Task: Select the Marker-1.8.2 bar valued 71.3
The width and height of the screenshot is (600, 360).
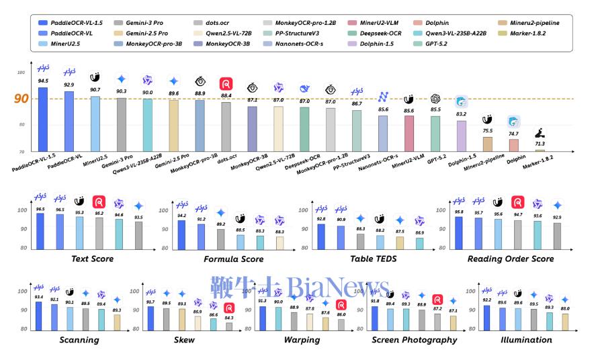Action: [x=540, y=150]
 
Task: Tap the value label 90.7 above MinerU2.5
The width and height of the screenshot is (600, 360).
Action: [x=95, y=89]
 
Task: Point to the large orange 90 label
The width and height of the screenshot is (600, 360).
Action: [x=22, y=99]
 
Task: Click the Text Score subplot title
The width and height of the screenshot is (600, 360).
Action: [x=92, y=259]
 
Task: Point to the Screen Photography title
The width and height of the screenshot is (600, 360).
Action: [x=414, y=340]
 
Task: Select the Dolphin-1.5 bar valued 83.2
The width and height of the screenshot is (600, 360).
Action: [x=462, y=136]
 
